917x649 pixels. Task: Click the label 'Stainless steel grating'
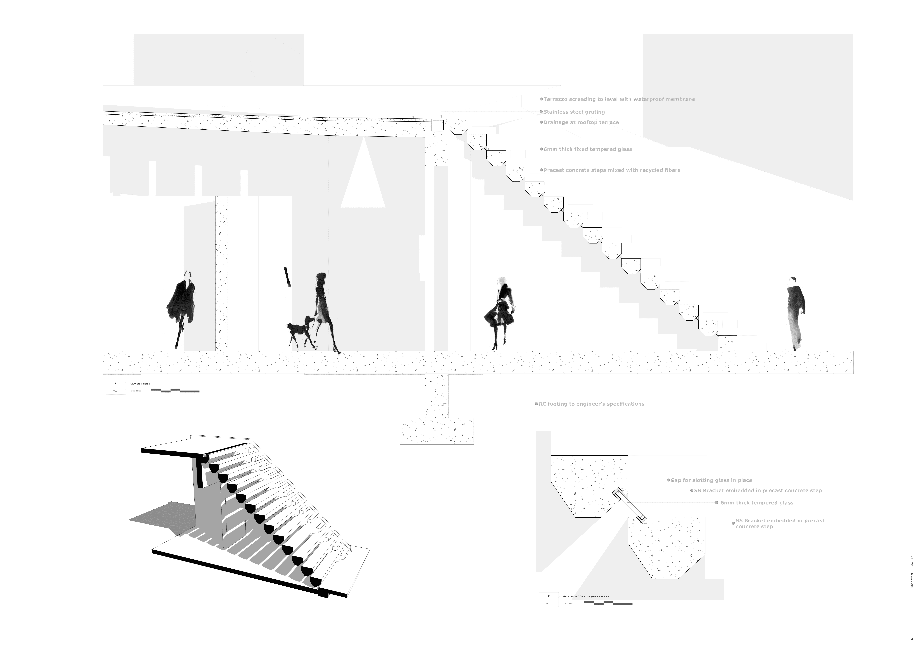click(x=574, y=112)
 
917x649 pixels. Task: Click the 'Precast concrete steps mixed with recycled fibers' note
click(x=611, y=170)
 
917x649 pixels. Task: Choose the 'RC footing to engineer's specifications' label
click(x=591, y=404)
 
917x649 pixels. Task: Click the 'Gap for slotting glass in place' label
click(x=711, y=480)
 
